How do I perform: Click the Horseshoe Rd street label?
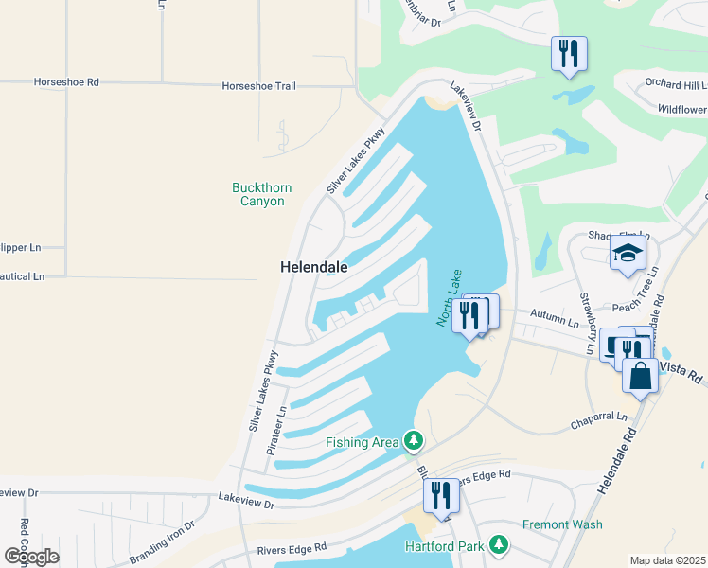coord(66,82)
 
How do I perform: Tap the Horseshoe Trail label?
coord(258,86)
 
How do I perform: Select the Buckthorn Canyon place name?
coord(258,194)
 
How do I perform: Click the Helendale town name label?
coord(313,268)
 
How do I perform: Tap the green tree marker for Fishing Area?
coord(413,440)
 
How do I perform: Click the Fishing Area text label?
coord(362,442)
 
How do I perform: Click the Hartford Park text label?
coord(443,546)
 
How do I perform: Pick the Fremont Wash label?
coord(562,524)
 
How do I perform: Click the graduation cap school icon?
coord(628,253)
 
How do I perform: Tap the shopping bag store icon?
coord(641,375)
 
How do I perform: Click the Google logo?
coord(31,556)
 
